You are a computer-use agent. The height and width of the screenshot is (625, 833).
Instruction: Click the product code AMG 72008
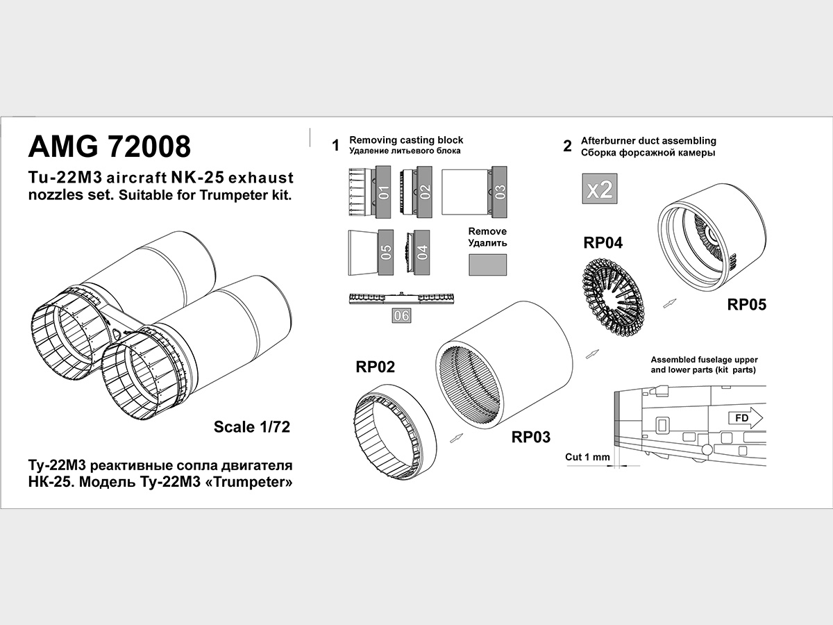[x=109, y=147]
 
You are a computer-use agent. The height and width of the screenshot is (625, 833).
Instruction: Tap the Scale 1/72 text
[x=251, y=426]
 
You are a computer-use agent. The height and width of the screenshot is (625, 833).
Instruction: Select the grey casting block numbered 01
[x=385, y=192]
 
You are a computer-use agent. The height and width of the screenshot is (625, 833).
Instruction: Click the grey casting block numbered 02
[x=425, y=192]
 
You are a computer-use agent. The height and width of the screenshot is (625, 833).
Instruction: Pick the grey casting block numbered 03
[x=500, y=192]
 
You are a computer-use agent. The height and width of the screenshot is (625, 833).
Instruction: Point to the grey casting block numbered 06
[x=402, y=315]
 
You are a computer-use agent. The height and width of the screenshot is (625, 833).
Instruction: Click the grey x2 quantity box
[x=599, y=188]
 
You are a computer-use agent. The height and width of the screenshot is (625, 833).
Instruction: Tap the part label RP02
[x=376, y=367]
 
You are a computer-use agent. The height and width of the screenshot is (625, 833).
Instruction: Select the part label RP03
[x=531, y=437]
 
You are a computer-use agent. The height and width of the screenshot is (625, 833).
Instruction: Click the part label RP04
[x=603, y=242]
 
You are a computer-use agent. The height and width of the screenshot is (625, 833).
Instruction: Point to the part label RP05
[x=747, y=304]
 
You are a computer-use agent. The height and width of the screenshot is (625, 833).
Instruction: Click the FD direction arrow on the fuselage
[x=744, y=418]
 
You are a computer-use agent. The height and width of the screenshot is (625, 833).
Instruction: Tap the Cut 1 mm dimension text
[x=587, y=457]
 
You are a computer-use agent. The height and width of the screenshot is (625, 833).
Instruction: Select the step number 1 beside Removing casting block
[x=335, y=146]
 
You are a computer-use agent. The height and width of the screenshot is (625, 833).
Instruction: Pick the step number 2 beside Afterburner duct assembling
[x=567, y=146]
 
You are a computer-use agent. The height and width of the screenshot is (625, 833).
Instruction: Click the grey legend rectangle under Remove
[x=487, y=265]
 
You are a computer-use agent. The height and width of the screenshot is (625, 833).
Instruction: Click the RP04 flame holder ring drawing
[x=611, y=292]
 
